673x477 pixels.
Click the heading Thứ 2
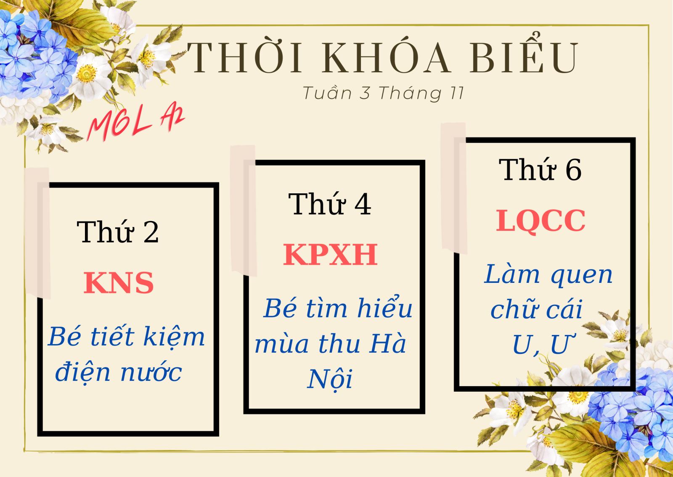click(117, 232)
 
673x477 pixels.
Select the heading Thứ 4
click(329, 204)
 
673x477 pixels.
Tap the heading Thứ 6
click(540, 169)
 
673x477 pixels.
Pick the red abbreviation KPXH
click(330, 255)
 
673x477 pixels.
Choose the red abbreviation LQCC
click(541, 221)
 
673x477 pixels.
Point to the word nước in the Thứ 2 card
click(151, 372)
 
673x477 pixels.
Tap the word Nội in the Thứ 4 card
click(330, 379)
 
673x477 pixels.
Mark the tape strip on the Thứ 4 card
click(244, 210)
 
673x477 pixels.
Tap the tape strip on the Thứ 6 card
click(454, 188)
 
